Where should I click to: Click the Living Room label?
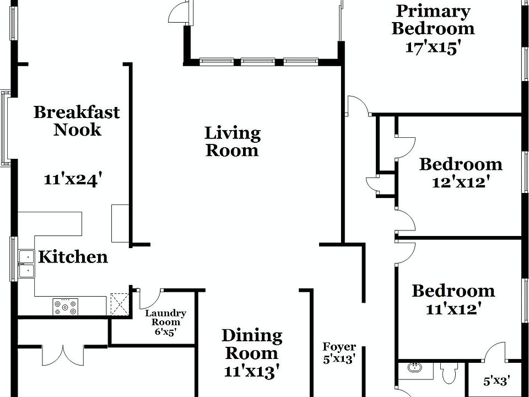tap(233, 142)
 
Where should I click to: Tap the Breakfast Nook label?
tap(77, 121)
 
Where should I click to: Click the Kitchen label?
tap(73, 257)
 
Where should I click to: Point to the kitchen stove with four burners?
tap(66, 307)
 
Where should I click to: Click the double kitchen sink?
tap(26, 264)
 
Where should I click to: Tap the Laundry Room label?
tap(166, 318)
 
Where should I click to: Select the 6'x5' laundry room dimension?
tap(166, 332)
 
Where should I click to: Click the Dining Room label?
tap(252, 345)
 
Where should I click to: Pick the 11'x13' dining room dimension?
tap(252, 372)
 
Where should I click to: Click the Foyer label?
tap(339, 347)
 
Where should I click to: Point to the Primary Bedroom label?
tap(433, 20)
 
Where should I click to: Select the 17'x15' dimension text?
tap(433, 47)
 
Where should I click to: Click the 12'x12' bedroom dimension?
tap(461, 183)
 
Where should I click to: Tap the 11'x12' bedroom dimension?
tap(453, 309)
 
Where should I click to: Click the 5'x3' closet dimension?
tap(496, 381)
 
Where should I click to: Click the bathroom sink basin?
tap(414, 367)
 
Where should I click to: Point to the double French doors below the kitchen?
tap(63, 355)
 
